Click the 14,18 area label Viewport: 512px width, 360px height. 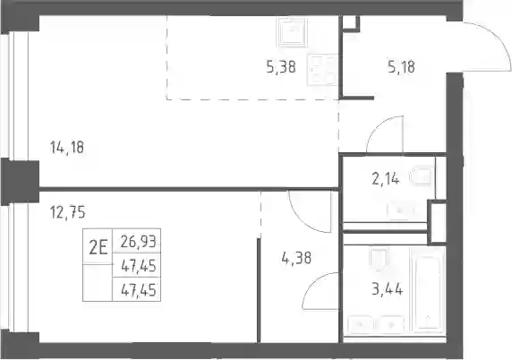(67, 148)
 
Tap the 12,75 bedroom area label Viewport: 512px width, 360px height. (68, 212)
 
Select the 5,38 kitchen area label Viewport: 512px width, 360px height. (281, 67)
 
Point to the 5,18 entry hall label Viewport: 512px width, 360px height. (402, 67)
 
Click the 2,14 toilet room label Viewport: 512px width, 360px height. (385, 179)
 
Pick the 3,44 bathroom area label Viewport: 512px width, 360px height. (388, 289)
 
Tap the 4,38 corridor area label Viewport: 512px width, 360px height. (296, 258)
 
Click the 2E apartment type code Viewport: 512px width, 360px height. (98, 249)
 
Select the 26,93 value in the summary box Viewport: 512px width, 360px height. (139, 242)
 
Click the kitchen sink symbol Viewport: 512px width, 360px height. (292, 31)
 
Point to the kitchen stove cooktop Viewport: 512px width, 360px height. (322, 71)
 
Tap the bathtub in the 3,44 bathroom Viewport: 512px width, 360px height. (428, 290)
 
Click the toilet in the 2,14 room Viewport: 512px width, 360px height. (422, 176)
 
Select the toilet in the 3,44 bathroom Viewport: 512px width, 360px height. (379, 259)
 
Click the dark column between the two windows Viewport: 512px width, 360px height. (20, 182)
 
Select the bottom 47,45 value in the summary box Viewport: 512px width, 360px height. (139, 290)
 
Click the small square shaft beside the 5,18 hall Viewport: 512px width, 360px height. (349, 22)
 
